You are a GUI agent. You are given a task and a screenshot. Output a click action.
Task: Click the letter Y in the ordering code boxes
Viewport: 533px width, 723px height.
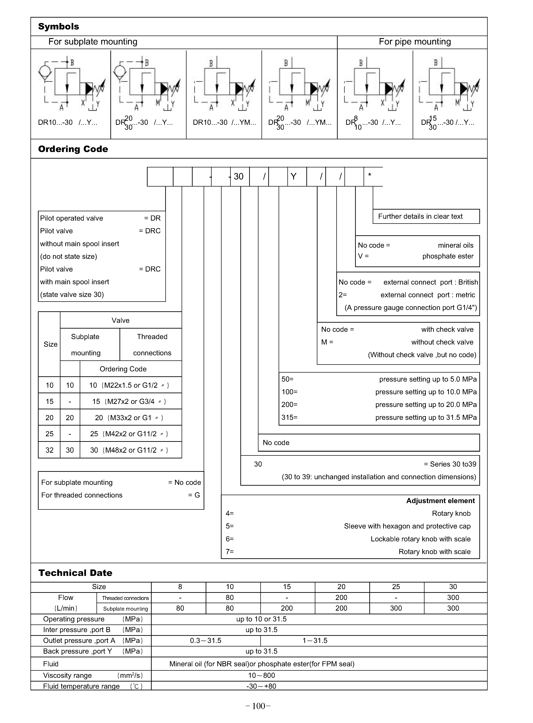293,176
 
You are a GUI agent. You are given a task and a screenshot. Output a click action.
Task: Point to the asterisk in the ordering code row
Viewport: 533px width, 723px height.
370,175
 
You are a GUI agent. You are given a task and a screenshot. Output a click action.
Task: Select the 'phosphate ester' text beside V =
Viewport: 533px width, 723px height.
448,256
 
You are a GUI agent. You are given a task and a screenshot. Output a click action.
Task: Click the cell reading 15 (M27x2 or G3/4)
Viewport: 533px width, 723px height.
129,401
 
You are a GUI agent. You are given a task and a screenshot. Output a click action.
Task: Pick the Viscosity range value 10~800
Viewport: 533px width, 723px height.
261,675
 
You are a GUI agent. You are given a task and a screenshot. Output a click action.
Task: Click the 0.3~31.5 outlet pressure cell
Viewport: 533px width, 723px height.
205,640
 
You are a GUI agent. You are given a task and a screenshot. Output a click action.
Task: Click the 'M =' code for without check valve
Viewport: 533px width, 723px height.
327,342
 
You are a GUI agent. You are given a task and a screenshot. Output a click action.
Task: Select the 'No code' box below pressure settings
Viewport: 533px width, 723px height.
276,443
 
